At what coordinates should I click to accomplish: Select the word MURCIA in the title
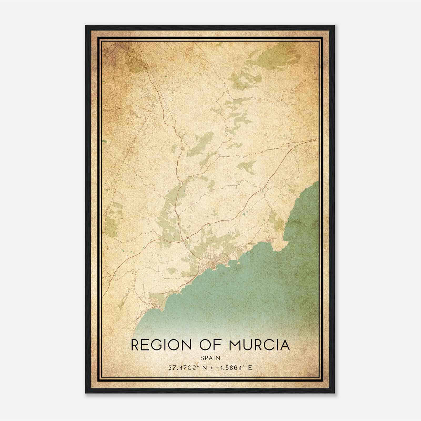click(259, 345)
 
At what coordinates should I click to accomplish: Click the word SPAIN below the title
click(210, 358)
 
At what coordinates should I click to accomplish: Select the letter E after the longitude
click(250, 368)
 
